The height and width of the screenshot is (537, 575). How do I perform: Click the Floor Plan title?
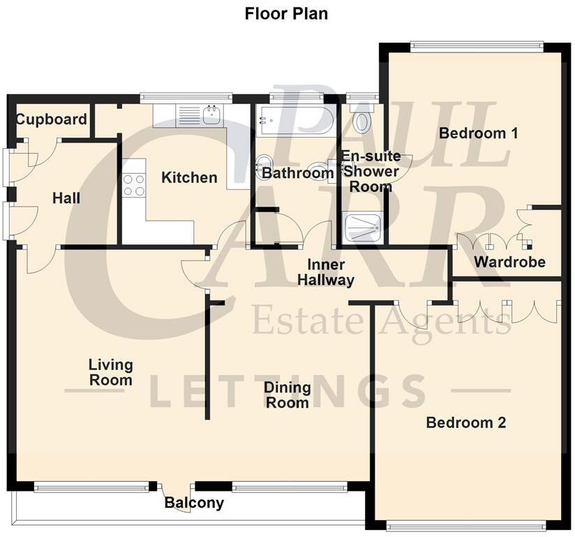tap(286, 13)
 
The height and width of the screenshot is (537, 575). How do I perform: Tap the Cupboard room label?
tap(52, 119)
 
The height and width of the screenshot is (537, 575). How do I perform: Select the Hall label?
tap(66, 198)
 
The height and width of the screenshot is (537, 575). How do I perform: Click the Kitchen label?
tap(189, 177)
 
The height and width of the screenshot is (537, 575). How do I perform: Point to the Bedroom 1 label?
tap(478, 133)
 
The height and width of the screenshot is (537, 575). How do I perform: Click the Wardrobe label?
tap(509, 263)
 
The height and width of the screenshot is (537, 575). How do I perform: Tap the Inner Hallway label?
tap(326, 273)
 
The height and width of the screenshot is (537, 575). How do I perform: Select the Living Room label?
tap(110, 372)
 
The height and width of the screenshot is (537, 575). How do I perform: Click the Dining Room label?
tap(287, 395)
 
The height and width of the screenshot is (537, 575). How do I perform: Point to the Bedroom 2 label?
tap(466, 422)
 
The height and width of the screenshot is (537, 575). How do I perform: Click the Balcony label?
tap(194, 503)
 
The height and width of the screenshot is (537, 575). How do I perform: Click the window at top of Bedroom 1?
tap(476, 47)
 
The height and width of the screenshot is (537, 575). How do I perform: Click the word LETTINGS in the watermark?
tap(287, 392)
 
